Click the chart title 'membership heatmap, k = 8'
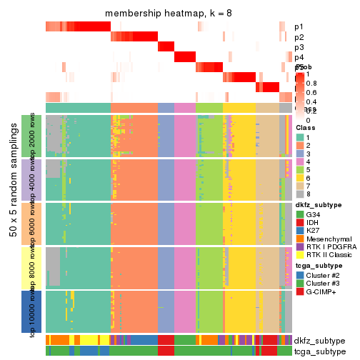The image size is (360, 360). pyautogui.click(x=169, y=15)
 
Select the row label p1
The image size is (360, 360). pyautogui.click(x=299, y=27)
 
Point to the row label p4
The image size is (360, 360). pyautogui.click(x=299, y=57)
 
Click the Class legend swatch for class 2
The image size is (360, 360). pyautogui.click(x=300, y=145)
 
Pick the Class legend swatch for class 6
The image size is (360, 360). pyautogui.click(x=300, y=179)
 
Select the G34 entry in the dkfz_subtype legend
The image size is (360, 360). pyautogui.click(x=313, y=214)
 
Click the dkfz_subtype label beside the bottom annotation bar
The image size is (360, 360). pyautogui.click(x=319, y=340)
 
